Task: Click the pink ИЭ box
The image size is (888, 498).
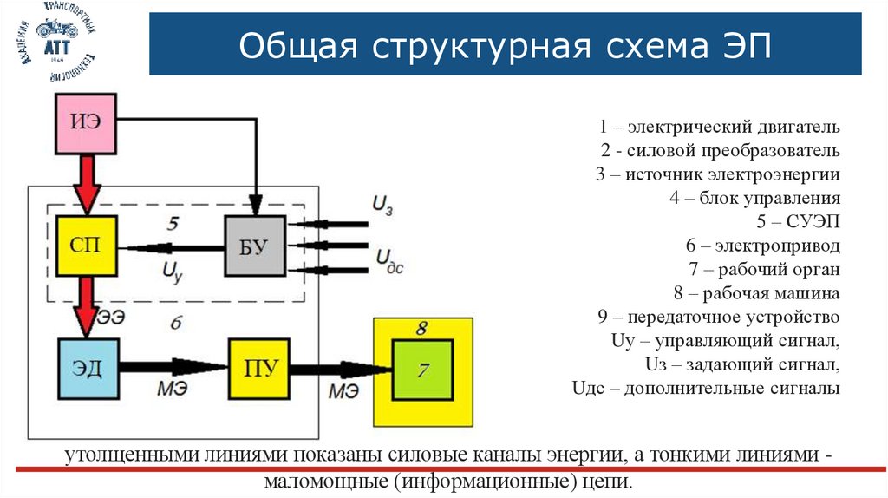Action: click(x=86, y=121)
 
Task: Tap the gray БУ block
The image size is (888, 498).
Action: click(x=256, y=246)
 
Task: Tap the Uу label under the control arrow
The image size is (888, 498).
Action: click(x=172, y=270)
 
